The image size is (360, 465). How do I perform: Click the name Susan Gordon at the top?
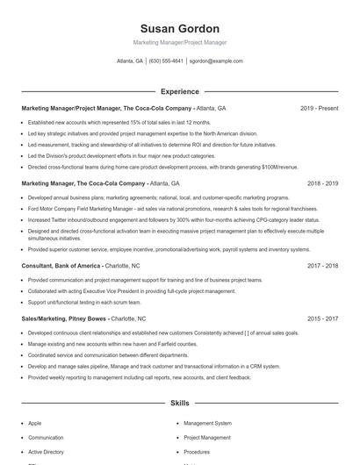tap(179, 29)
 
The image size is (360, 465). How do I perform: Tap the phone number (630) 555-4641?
tap(167, 61)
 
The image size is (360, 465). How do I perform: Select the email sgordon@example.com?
tap(215, 61)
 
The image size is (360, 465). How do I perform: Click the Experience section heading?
tap(179, 91)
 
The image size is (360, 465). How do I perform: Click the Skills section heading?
tap(179, 403)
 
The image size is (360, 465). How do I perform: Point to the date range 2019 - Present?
tap(319, 108)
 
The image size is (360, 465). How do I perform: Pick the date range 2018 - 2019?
tap(322, 184)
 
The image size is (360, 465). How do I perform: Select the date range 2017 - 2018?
tap(322, 265)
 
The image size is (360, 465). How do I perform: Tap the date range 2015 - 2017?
tap(322, 319)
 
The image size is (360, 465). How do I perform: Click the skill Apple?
tap(34, 423)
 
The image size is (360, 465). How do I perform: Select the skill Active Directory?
tap(46, 451)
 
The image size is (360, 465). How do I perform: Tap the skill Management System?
tap(207, 423)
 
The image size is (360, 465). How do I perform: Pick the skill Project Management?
tap(207, 437)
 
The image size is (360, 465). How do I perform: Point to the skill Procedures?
tap(197, 451)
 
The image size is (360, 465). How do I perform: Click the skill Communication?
tap(46, 437)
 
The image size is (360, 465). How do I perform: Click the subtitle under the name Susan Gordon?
tap(179, 42)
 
